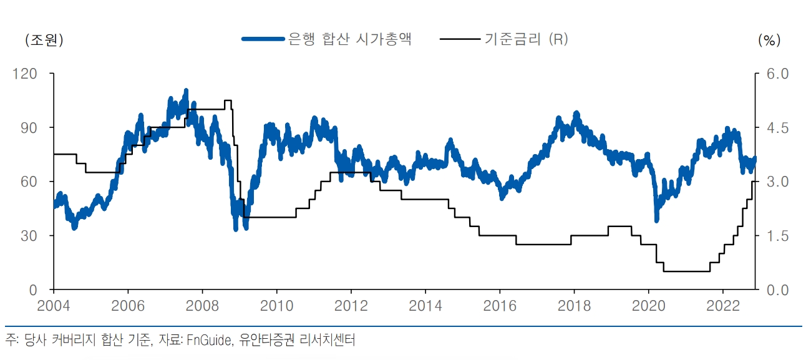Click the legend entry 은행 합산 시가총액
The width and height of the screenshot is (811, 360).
click(349, 39)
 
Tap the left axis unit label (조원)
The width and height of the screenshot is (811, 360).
click(44, 40)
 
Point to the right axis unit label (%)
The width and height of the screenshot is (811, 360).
click(769, 40)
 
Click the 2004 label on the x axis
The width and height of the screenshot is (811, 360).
click(54, 306)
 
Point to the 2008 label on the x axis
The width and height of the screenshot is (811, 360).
click(202, 306)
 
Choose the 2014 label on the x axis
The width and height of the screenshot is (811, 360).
click(425, 306)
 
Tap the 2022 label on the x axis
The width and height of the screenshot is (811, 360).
click(722, 306)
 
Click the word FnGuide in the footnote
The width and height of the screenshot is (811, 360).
click(210, 340)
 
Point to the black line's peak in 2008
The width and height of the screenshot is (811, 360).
click(228, 100)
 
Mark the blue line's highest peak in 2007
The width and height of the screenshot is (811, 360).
click(186, 92)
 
